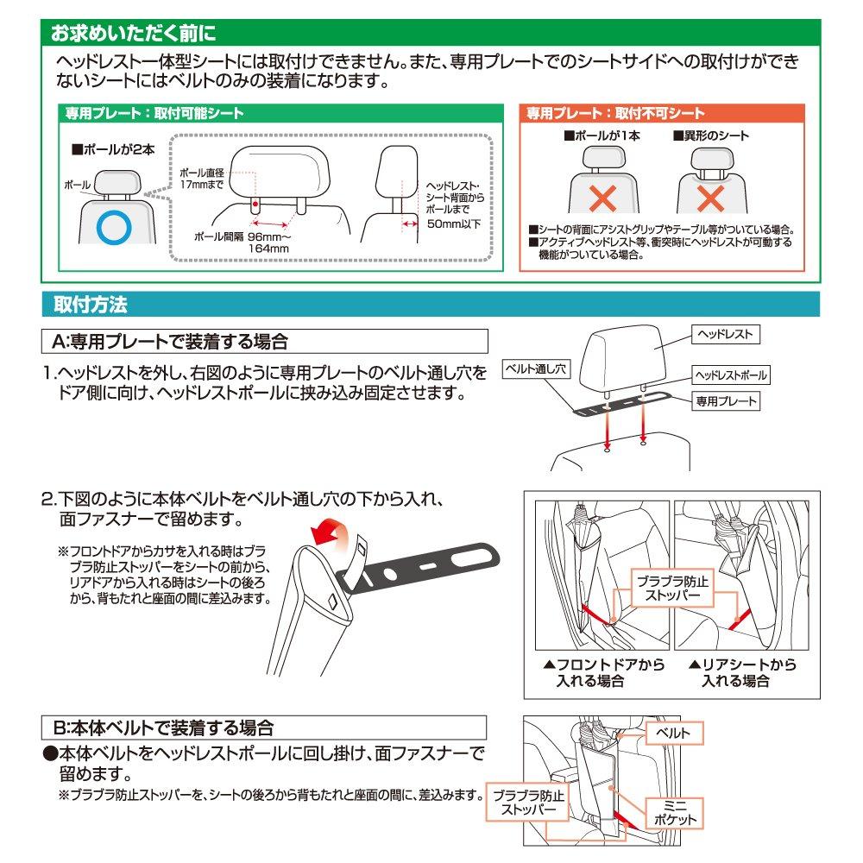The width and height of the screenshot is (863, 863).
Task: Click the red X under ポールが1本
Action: pos(602,198)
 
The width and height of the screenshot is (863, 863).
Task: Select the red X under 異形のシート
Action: pos(710,198)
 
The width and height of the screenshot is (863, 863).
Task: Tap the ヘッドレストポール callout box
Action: pos(730,375)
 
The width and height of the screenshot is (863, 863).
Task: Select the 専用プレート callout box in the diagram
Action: pos(727,400)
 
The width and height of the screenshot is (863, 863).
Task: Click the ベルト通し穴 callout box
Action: pos(535,369)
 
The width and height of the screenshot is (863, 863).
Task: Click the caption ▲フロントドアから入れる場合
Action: pos(598,672)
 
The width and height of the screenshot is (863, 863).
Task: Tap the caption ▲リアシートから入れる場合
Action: pos(742,672)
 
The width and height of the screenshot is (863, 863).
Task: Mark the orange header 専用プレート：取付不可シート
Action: pos(615,113)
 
